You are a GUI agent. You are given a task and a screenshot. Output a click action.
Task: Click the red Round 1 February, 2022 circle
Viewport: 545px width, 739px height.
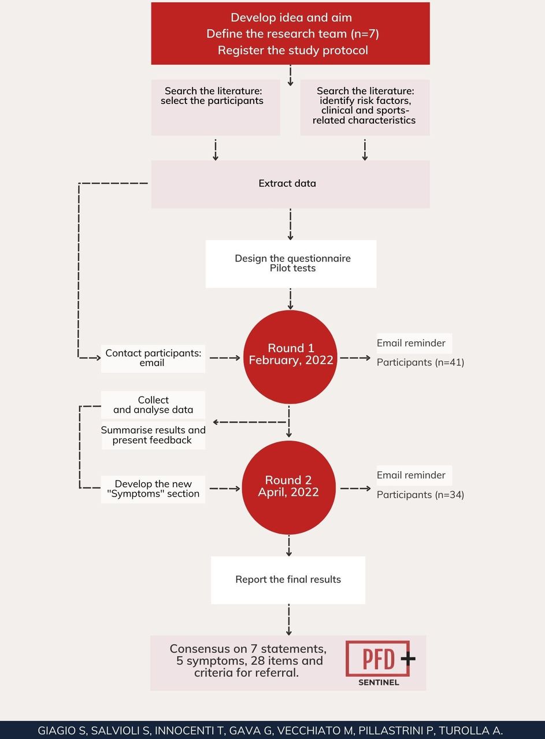click(290, 357)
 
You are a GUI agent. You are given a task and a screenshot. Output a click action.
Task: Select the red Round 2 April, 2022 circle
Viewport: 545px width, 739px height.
click(289, 488)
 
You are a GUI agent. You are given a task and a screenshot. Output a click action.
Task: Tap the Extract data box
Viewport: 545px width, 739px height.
click(290, 184)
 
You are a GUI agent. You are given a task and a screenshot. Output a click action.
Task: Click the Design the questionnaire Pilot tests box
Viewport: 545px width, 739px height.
click(291, 264)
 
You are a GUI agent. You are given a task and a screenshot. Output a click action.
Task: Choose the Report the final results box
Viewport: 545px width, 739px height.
click(288, 580)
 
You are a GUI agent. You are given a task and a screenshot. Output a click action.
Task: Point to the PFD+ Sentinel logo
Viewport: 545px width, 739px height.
click(380, 663)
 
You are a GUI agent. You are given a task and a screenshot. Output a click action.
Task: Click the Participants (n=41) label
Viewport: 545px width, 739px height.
click(421, 362)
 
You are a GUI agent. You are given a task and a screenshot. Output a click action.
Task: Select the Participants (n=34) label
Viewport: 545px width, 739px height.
click(421, 495)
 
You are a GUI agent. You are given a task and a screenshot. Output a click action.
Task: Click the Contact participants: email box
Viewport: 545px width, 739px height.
click(153, 359)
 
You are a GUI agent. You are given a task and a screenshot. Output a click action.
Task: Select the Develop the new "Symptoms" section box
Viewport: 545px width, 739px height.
click(153, 489)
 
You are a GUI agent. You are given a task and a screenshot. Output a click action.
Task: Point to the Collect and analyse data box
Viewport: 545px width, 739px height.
click(153, 405)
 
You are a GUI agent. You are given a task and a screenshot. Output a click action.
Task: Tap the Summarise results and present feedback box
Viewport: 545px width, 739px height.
click(153, 435)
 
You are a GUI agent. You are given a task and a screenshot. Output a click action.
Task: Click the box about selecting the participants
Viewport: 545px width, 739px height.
click(216, 107)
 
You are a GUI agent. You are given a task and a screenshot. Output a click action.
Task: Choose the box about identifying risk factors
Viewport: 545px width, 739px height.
click(365, 107)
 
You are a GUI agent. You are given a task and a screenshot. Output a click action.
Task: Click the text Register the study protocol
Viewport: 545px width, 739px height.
click(292, 50)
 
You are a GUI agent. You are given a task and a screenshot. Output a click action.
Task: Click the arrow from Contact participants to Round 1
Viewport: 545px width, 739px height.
click(225, 358)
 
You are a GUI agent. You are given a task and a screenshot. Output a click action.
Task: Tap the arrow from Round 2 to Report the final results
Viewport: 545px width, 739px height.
click(289, 546)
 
